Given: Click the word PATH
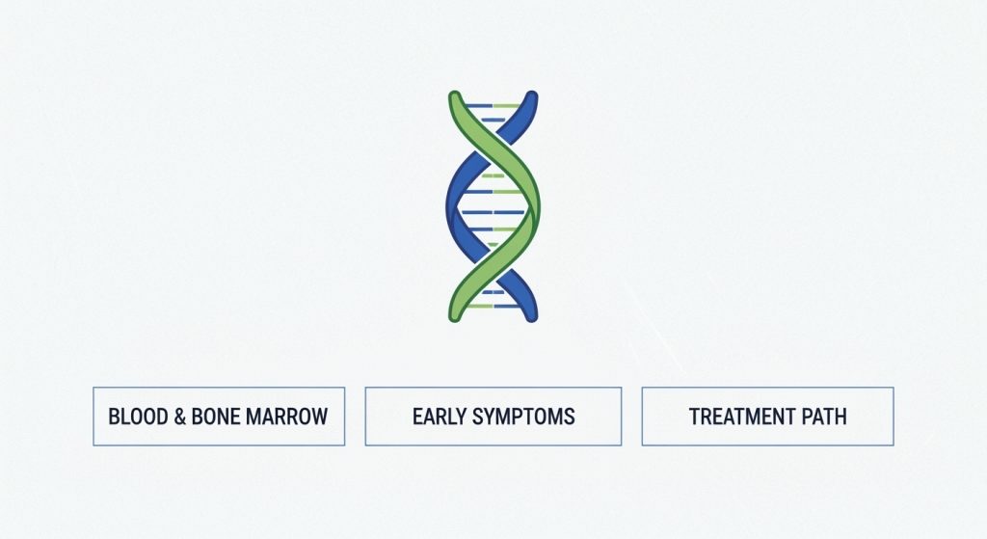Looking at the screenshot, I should pyautogui.click(x=824, y=417).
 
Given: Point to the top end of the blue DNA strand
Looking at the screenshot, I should pyautogui.click(x=531, y=96).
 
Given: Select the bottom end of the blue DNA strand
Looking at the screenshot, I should pyautogui.click(x=531, y=315).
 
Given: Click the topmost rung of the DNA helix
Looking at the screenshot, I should pyautogui.click(x=493, y=105).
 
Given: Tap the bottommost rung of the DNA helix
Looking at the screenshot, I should pyautogui.click(x=493, y=306).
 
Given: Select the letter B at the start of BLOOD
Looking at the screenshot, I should pyautogui.click(x=114, y=417).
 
